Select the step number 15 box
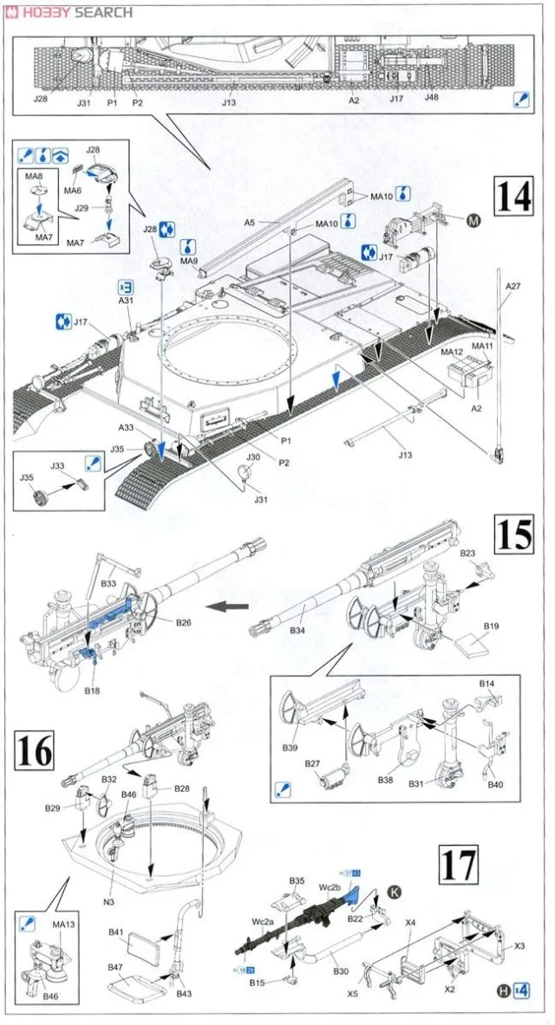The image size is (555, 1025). tap(514, 535)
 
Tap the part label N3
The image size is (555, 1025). tap(108, 902)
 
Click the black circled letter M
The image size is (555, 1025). tap(473, 222)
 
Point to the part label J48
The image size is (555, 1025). tap(431, 97)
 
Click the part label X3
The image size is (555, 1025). tap(519, 945)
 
